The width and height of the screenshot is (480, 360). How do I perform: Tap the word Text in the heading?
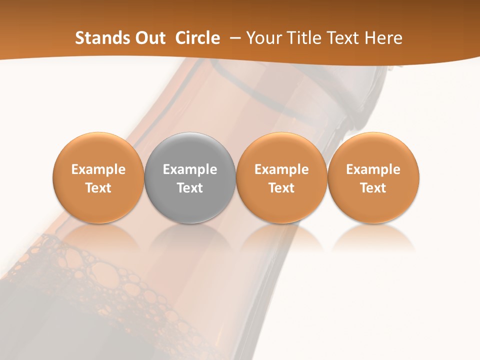click(345, 38)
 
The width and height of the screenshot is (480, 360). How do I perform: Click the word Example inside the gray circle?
click(190, 169)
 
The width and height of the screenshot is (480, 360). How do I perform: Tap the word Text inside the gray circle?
click(190, 188)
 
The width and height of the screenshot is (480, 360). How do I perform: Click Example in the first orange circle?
click(98, 169)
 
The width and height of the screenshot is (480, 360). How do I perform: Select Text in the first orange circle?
click(98, 188)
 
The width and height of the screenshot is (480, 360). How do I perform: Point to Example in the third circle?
click(281, 169)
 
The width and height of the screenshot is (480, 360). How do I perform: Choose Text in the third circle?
click(281, 188)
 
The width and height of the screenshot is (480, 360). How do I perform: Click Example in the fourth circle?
click(373, 169)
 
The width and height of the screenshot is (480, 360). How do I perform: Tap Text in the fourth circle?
click(373, 188)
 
